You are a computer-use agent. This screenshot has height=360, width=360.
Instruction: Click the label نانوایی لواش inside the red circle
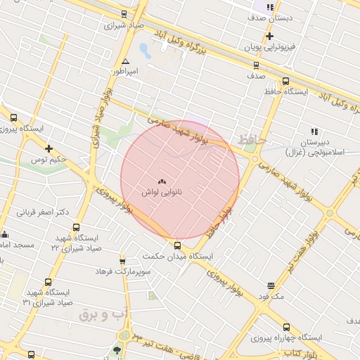(162, 191)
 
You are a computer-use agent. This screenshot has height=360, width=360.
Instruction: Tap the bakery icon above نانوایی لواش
(162, 180)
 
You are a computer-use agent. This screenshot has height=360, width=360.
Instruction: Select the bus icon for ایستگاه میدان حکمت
(177, 245)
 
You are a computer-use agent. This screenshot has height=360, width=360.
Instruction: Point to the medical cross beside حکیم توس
(49, 148)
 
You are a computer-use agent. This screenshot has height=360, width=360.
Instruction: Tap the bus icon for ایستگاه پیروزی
(13, 118)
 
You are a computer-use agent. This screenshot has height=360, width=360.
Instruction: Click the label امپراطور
(126, 72)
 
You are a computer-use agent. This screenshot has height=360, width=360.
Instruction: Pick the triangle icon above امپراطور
(126, 62)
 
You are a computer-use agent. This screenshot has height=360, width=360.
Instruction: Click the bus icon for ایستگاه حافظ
(285, 81)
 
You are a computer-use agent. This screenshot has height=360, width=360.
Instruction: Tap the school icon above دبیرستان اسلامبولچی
(314, 131)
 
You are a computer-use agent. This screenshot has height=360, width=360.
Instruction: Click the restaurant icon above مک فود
(271, 285)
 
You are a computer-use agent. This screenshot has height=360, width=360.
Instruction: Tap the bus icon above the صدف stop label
(256, 65)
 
